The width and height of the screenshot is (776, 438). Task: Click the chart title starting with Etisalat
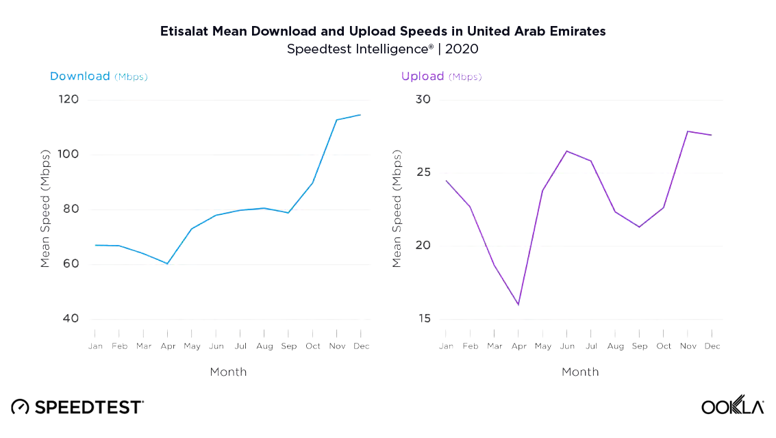[383, 31]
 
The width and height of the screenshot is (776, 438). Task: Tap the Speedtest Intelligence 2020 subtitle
[383, 49]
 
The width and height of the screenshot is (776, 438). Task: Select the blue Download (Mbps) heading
[99, 77]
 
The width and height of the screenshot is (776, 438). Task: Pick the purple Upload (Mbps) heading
[441, 77]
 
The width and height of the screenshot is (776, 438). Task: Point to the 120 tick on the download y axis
[68, 100]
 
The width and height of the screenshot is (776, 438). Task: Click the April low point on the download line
[167, 263]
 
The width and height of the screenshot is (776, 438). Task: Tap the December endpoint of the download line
[360, 115]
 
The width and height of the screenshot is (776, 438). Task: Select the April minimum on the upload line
[518, 305]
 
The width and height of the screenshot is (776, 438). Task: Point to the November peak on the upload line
[688, 131]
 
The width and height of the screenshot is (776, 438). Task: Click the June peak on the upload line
[567, 151]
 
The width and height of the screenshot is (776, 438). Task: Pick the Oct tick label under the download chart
[312, 346]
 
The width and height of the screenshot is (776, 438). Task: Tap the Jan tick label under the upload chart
[447, 346]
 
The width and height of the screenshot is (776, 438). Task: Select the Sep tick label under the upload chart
[640, 346]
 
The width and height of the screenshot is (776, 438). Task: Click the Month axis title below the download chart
[228, 372]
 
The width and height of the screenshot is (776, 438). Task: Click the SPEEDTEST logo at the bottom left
[77, 407]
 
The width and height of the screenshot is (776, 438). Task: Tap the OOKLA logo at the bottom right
[732, 407]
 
